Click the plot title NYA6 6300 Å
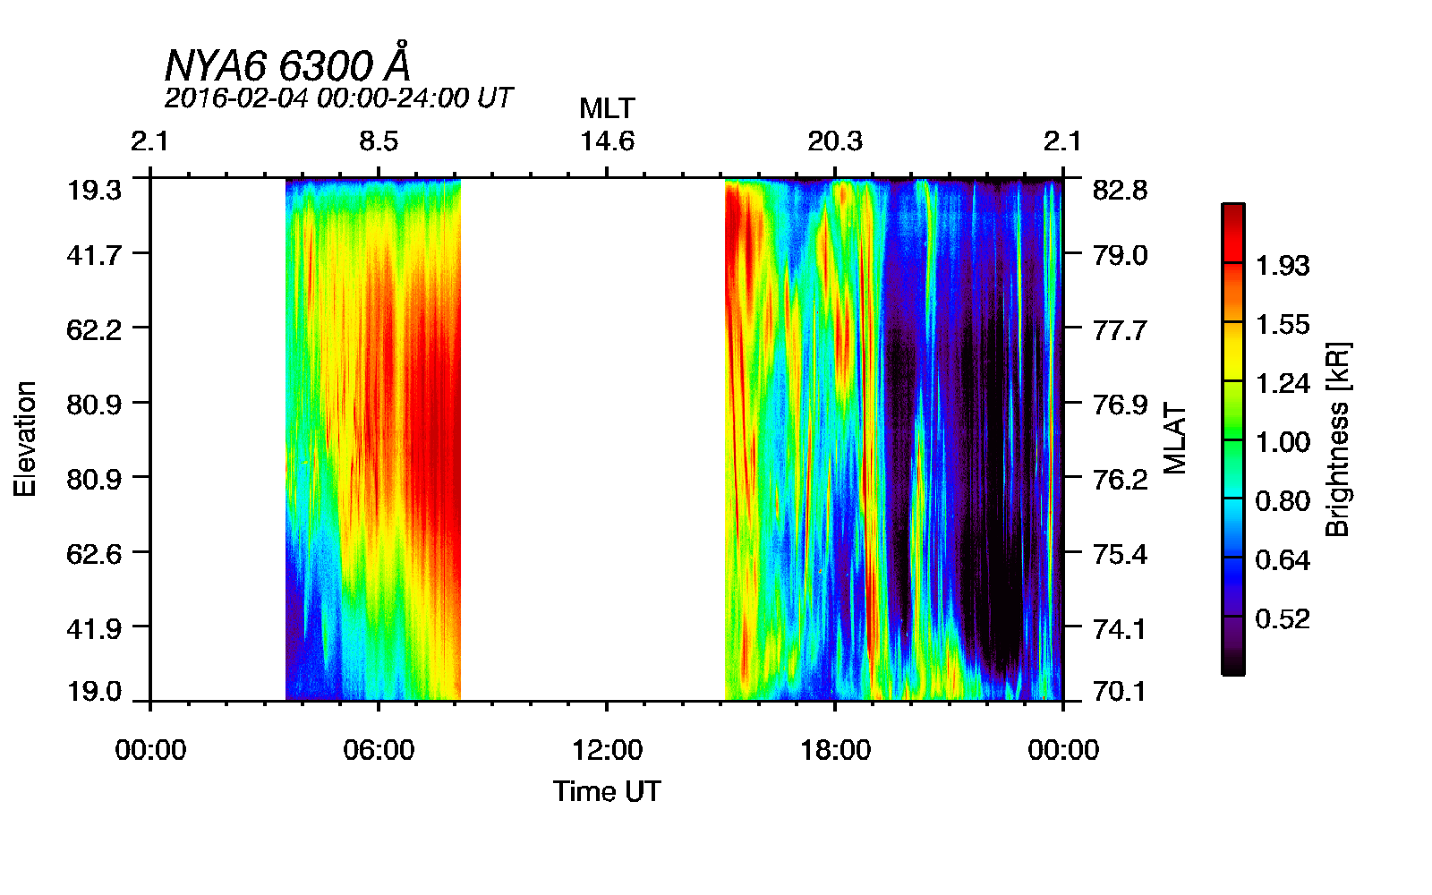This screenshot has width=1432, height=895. (x=288, y=64)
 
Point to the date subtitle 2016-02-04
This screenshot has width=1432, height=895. (x=338, y=98)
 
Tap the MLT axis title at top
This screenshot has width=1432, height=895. (x=607, y=108)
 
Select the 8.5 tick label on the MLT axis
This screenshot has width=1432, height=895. (x=379, y=141)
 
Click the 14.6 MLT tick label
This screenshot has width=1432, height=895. (x=607, y=141)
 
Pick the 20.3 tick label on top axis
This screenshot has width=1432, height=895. (x=835, y=141)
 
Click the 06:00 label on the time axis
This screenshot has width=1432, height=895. (x=379, y=750)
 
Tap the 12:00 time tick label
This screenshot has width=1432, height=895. (x=607, y=750)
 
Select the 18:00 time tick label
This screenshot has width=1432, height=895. (x=835, y=750)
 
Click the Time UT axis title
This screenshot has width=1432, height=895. (x=607, y=791)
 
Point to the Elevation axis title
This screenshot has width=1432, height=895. (x=25, y=439)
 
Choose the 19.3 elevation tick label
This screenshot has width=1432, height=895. (x=94, y=190)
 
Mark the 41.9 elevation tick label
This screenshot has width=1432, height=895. (x=94, y=628)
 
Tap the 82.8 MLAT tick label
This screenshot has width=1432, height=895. (x=1120, y=190)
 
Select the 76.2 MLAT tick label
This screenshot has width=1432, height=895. (x=1120, y=480)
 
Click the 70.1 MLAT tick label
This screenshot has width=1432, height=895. (x=1120, y=691)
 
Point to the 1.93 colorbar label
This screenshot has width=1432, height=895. (x=1282, y=266)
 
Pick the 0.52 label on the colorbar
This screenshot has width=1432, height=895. (x=1282, y=619)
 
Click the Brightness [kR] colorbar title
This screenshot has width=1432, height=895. (x=1337, y=439)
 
